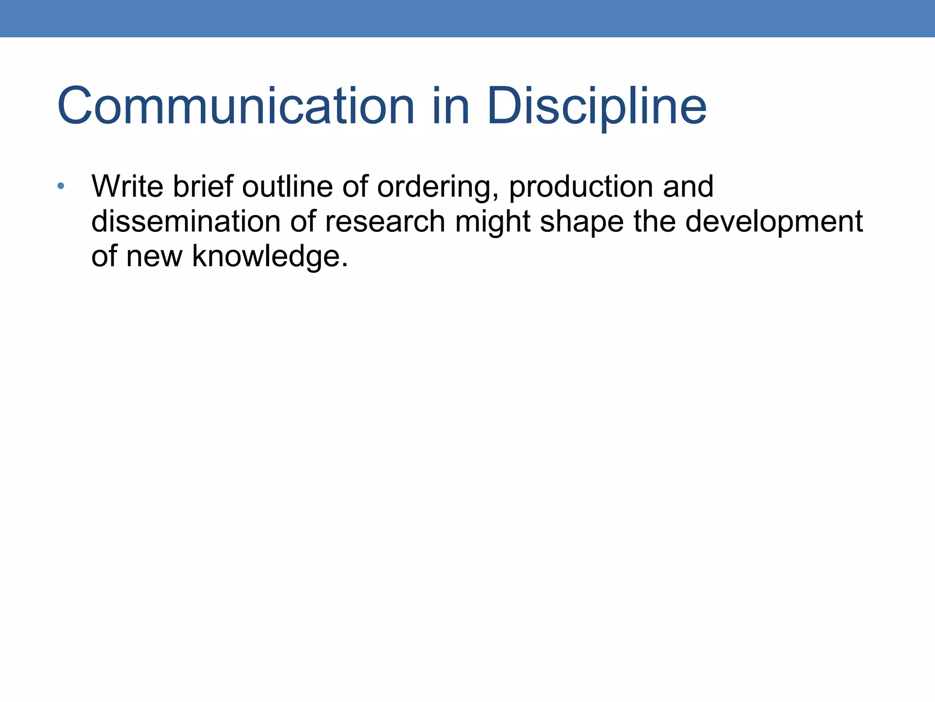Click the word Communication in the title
coord(236,106)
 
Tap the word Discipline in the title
coord(597,106)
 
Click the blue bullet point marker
coord(61,186)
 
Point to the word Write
coord(127,186)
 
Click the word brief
coord(203,186)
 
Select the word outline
coord(288,186)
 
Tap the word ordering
coord(436,187)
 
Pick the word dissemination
coord(186,222)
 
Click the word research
coord(385,222)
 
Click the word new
coord(154,256)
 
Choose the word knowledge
coord(266,256)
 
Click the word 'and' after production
coord(688,186)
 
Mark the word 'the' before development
coord(655,222)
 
